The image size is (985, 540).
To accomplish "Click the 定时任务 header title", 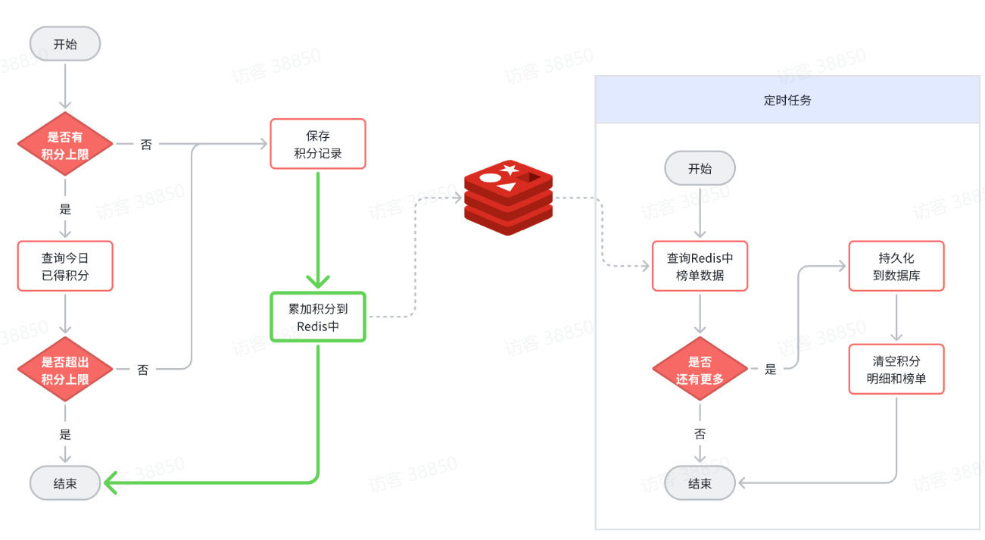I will click(x=787, y=100).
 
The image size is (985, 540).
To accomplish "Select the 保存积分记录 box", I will click(x=318, y=144).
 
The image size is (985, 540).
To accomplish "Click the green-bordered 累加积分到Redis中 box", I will click(x=318, y=317).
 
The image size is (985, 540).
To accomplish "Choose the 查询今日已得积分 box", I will click(x=65, y=267).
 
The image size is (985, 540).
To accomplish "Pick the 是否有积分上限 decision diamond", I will click(x=65, y=144).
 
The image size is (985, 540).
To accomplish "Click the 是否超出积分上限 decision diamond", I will click(x=65, y=370).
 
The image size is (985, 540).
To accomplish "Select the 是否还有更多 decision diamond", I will click(x=700, y=370).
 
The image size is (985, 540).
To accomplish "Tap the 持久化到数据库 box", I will click(x=896, y=267).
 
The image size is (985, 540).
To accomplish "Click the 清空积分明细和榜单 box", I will click(x=896, y=370).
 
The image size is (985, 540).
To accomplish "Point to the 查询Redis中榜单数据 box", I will click(x=700, y=267).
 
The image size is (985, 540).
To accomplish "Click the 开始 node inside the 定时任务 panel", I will click(x=700, y=169).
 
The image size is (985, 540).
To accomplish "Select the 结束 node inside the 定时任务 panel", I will click(x=700, y=483).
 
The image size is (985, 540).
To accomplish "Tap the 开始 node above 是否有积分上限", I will click(x=65, y=44).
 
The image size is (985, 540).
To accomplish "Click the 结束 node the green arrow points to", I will click(x=65, y=483).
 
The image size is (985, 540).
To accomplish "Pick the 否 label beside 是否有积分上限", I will click(x=146, y=144).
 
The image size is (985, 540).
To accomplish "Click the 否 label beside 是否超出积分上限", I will click(x=142, y=370).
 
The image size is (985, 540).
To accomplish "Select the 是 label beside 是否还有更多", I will click(x=771, y=370).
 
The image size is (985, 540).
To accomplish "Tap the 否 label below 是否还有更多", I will click(x=700, y=434).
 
